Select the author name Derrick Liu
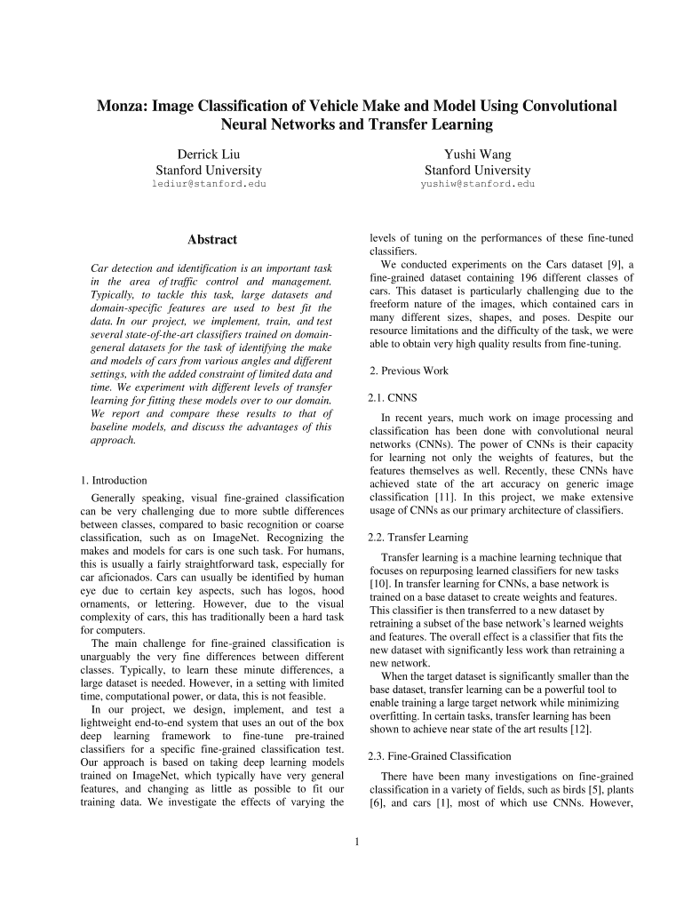tap(209, 155)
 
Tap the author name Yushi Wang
tap(477, 155)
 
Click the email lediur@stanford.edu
tap(209, 184)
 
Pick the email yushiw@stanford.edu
tap(477, 184)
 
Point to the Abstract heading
tap(212, 240)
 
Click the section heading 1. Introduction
tap(114, 481)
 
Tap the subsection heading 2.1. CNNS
tap(392, 397)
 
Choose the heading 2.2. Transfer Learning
tap(418, 538)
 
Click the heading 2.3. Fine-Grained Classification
tap(439, 756)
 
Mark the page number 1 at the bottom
tap(355, 842)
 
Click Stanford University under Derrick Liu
tap(209, 170)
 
